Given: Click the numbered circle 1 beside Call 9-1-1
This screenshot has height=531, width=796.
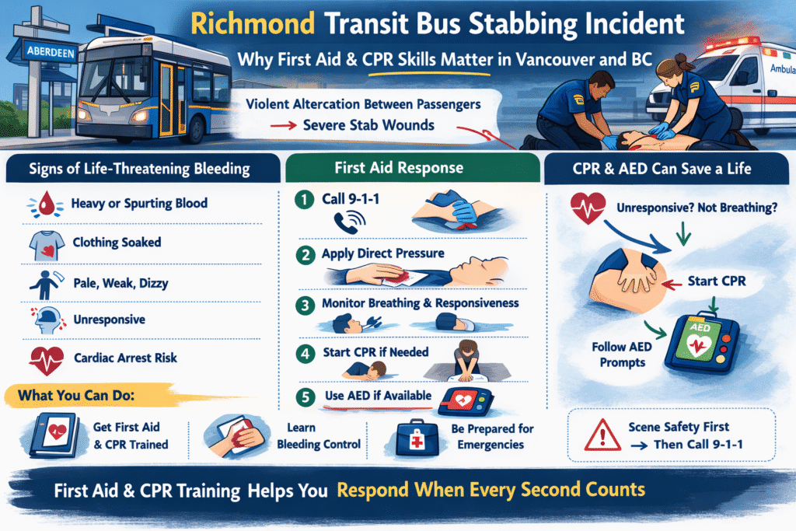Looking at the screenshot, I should pyautogui.click(x=304, y=200).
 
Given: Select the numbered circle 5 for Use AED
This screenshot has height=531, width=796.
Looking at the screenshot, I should pyautogui.click(x=304, y=397).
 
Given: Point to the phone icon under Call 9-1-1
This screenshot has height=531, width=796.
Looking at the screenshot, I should pyautogui.click(x=345, y=224).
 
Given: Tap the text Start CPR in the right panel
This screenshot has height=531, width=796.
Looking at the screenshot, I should pyautogui.click(x=716, y=281).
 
